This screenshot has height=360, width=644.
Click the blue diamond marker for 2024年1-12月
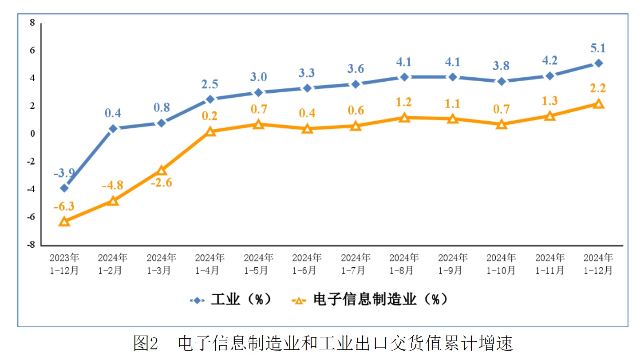point(598,63)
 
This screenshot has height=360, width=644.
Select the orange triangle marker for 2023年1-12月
point(64,221)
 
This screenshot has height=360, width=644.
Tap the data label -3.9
point(64,173)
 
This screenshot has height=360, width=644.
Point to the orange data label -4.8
point(113,186)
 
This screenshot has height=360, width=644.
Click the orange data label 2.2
point(598,88)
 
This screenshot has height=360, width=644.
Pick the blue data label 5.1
point(598,48)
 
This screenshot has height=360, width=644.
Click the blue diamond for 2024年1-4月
point(210,99)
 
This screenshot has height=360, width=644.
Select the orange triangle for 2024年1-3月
point(162,170)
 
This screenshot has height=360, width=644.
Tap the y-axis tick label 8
point(32,23)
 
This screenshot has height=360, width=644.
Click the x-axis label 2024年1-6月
point(307,264)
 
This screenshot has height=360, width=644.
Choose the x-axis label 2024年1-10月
point(501,264)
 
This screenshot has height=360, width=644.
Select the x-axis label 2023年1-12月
point(64,264)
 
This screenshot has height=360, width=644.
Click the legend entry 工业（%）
point(231,300)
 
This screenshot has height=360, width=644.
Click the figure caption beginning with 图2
point(323,343)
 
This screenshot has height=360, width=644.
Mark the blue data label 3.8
point(501,66)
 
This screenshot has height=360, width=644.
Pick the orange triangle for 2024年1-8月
point(404,118)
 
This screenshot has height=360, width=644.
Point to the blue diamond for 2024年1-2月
point(113,129)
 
